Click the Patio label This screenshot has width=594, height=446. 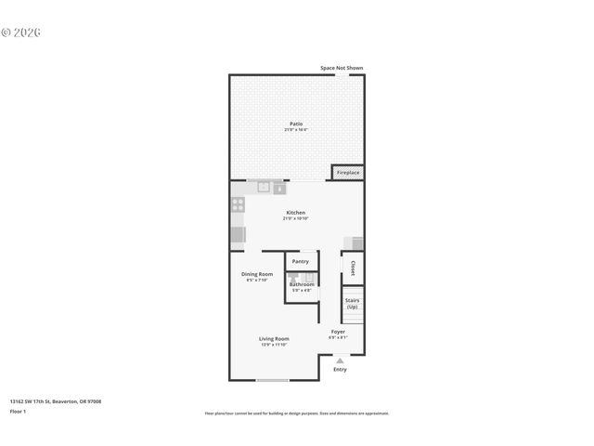tap(295, 124)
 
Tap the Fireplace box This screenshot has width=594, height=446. tap(348, 173)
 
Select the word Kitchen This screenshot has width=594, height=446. tap(295, 213)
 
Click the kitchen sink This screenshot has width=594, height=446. tap(264, 188)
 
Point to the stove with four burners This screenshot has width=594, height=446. tap(238, 205)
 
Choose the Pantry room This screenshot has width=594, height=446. tap(301, 261)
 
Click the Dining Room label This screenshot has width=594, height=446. tap(257, 274)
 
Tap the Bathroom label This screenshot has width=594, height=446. tap(302, 284)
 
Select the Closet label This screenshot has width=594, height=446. tap(353, 268)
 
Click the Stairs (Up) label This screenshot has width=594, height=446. tap(353, 303)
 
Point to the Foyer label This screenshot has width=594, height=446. tap(338, 332)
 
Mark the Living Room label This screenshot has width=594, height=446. tap(274, 339)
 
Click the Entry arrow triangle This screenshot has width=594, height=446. tap(340, 361)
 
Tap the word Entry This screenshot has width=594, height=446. tap(340, 370)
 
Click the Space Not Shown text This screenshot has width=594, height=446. tap(342, 68)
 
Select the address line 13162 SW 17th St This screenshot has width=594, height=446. tap(55, 400)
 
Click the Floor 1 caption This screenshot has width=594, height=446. tap(19, 410)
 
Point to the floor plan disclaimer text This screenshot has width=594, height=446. tap(297, 413)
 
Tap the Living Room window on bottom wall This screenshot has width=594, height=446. tap(272, 380)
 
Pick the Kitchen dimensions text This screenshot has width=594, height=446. tap(295, 218)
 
